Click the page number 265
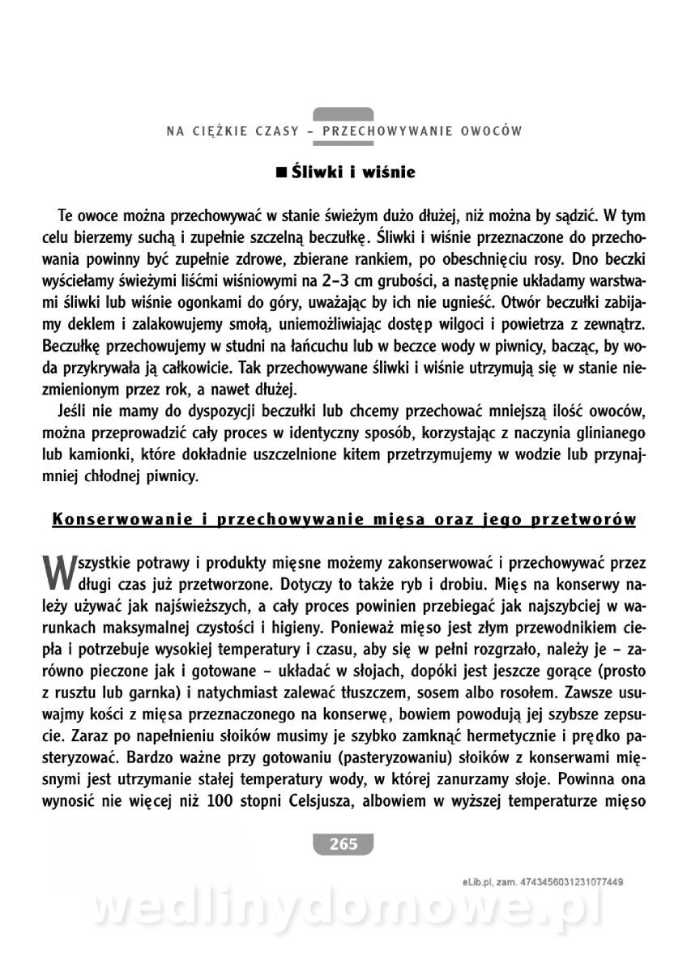[343, 843]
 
